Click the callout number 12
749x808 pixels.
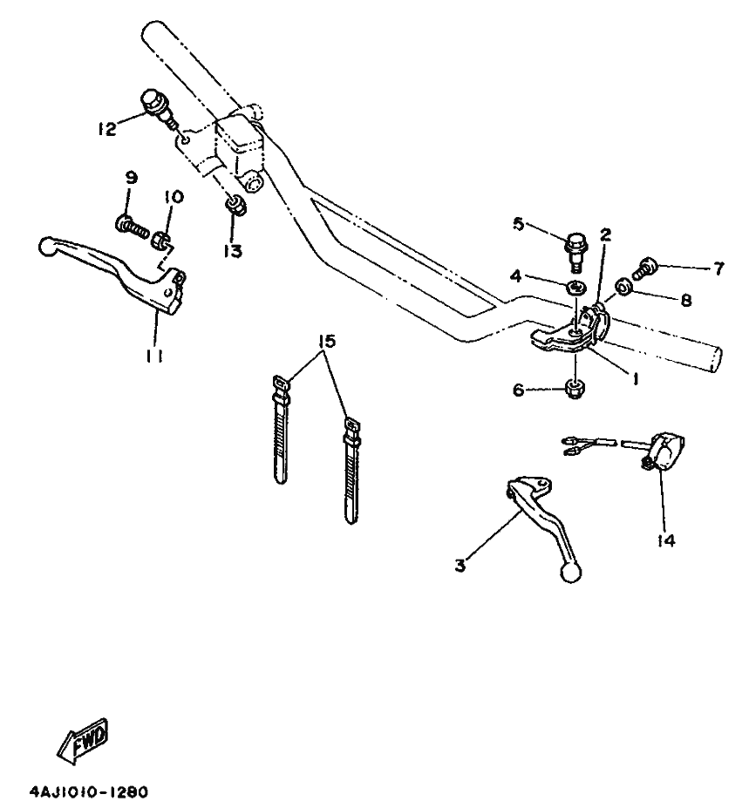point(106,130)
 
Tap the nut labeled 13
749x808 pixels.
point(234,208)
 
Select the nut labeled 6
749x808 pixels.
point(575,389)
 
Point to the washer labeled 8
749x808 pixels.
point(625,285)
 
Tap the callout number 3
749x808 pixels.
point(460,567)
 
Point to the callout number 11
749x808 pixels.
point(155,355)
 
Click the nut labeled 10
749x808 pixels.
point(160,239)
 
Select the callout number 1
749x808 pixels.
point(637,380)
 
